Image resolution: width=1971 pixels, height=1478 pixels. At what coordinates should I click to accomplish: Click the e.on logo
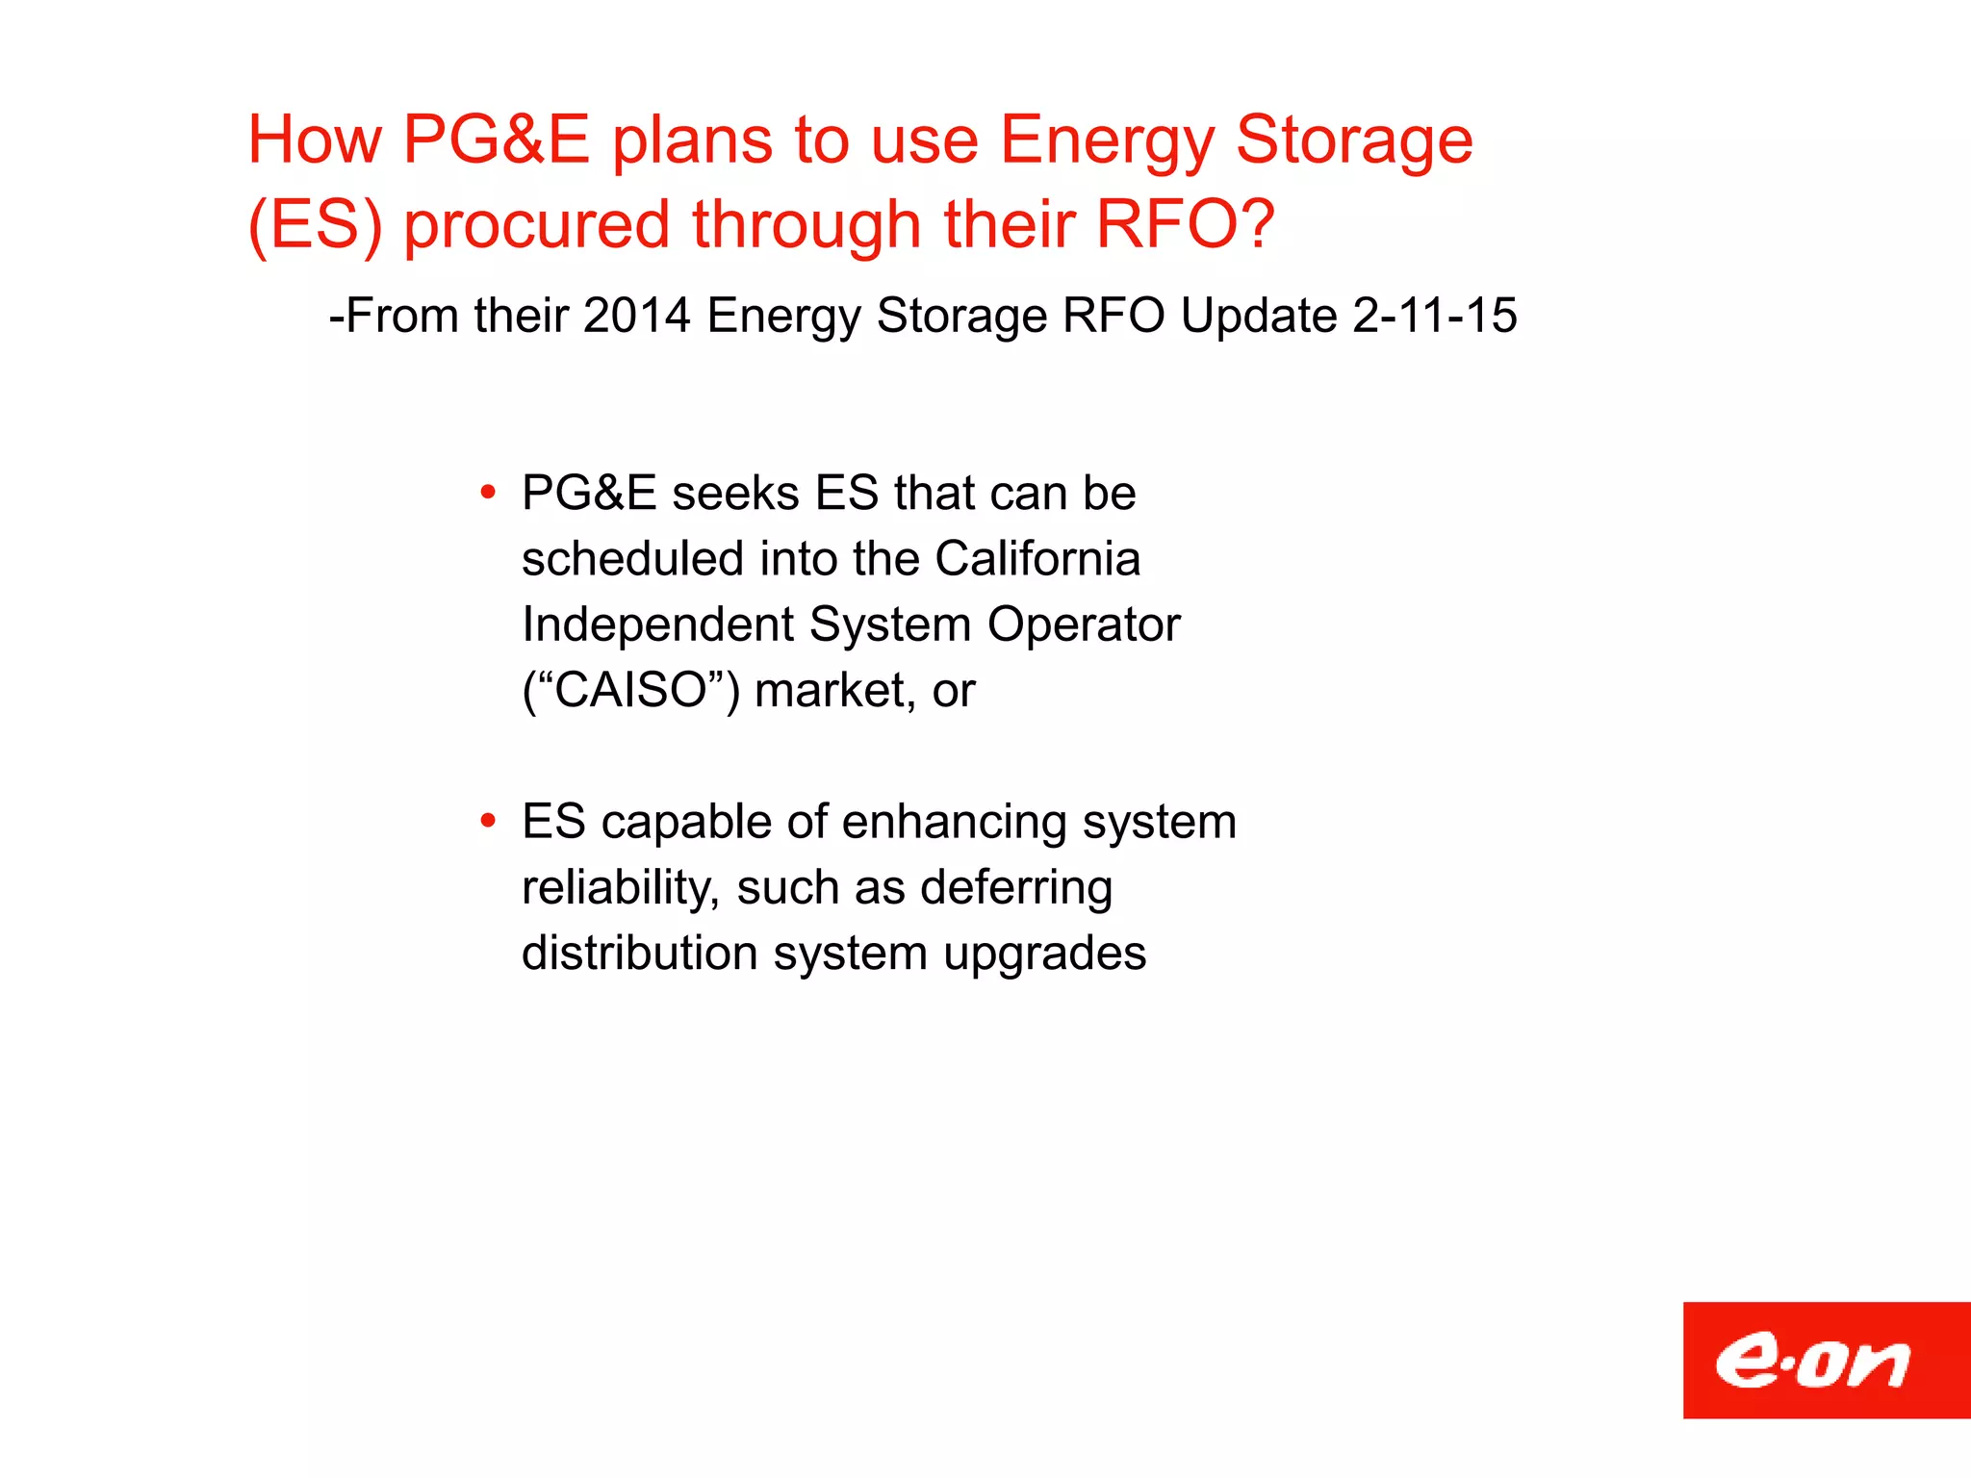point(1826,1360)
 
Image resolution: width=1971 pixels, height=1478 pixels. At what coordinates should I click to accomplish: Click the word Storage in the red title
point(1353,140)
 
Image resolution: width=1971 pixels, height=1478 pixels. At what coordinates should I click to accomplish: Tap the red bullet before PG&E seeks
point(489,493)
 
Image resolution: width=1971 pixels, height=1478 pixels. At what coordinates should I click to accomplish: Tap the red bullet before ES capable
point(489,822)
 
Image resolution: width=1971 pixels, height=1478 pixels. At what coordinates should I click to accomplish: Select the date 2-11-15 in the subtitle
point(1434,316)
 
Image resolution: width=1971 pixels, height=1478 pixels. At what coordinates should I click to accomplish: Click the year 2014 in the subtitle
point(636,316)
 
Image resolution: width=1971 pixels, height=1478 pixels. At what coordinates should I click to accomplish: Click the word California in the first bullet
point(1037,559)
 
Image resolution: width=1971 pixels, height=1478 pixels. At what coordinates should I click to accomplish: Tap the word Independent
point(657,624)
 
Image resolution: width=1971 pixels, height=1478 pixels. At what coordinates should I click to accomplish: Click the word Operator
point(1084,624)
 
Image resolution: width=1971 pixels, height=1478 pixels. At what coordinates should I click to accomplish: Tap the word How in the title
point(315,140)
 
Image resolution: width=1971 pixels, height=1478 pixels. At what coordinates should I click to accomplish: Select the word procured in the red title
point(536,224)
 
